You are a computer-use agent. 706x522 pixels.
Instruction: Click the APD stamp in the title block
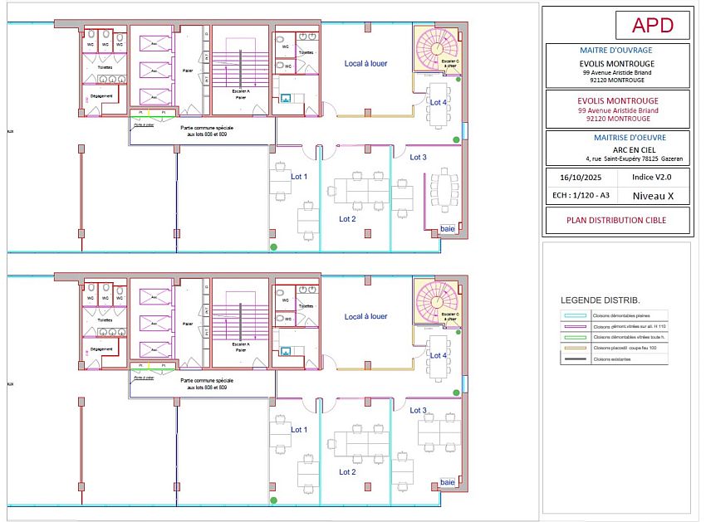[x=652, y=25]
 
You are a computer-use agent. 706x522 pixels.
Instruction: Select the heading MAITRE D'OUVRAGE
[x=617, y=50]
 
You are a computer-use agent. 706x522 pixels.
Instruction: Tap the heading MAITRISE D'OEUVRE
[x=617, y=137]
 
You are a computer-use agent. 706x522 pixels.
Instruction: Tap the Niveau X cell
[x=652, y=196]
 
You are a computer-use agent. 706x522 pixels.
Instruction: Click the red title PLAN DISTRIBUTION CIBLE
[x=617, y=222]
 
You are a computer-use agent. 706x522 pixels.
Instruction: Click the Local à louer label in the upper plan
[x=365, y=63]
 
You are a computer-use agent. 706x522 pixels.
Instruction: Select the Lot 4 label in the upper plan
[x=439, y=101]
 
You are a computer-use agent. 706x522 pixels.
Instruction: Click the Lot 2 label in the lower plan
[x=347, y=472]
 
